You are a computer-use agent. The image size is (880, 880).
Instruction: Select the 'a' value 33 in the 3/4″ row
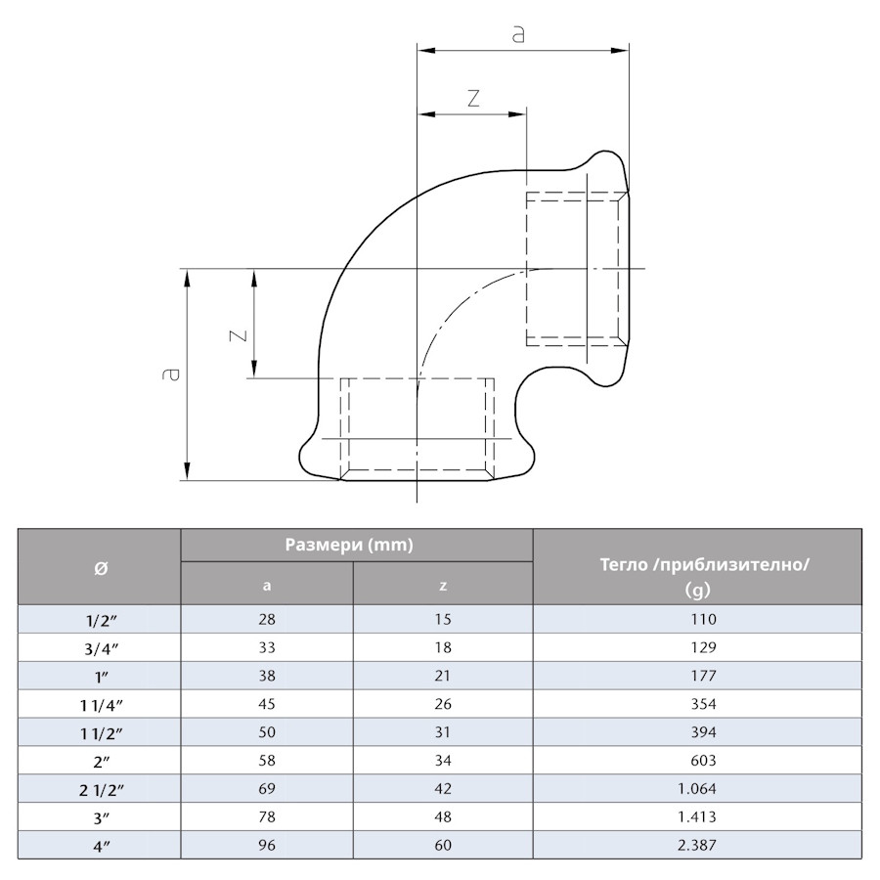(x=266, y=647)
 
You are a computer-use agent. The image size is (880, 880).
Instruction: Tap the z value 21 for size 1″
(x=442, y=676)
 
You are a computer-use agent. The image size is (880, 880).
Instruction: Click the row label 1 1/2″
(x=100, y=732)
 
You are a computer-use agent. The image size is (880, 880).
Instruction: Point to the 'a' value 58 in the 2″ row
(x=266, y=760)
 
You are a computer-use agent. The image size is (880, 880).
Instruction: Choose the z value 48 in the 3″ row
(x=442, y=816)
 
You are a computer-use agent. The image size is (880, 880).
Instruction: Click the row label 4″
(x=100, y=845)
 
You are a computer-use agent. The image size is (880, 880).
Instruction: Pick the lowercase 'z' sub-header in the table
(x=443, y=586)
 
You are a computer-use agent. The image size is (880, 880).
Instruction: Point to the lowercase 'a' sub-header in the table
(x=267, y=586)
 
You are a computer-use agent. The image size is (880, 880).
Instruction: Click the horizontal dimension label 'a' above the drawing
(x=518, y=33)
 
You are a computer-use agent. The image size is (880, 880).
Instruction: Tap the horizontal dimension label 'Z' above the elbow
(x=473, y=98)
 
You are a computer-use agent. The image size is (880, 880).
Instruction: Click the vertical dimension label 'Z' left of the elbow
(x=237, y=334)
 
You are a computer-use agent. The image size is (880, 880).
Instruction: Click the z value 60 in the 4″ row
(x=442, y=845)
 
